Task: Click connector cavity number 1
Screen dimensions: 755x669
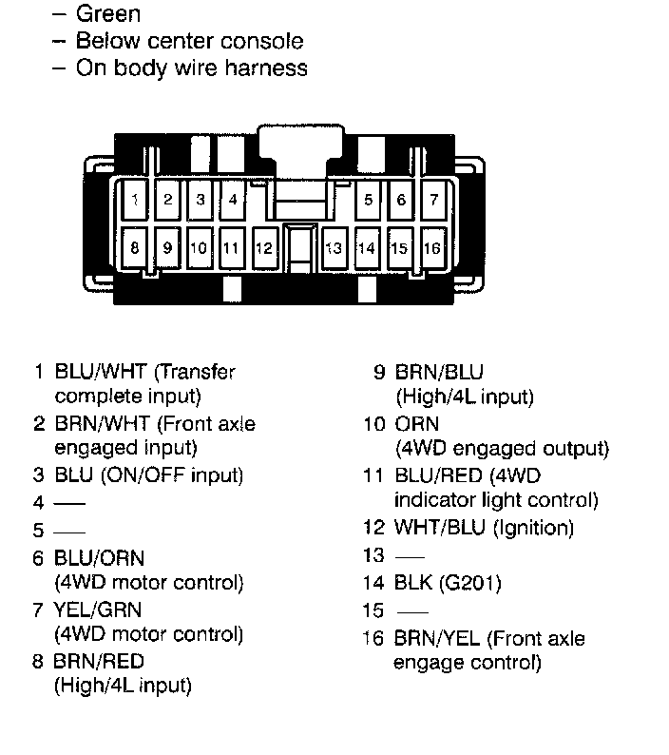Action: coord(136,200)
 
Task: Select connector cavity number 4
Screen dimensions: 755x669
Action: coord(233,200)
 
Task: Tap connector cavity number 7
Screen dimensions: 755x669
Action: coord(434,200)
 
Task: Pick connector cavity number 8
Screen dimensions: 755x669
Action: coord(135,247)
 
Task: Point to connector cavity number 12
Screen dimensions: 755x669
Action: coord(264,248)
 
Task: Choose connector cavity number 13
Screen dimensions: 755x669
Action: coord(334,248)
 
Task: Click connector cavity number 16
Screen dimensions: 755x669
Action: coord(433,248)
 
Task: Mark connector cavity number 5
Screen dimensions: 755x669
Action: coord(368,200)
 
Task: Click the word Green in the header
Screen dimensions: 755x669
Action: coord(107,14)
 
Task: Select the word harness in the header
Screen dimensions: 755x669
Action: coord(269,68)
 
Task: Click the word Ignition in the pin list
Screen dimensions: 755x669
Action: coord(533,527)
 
